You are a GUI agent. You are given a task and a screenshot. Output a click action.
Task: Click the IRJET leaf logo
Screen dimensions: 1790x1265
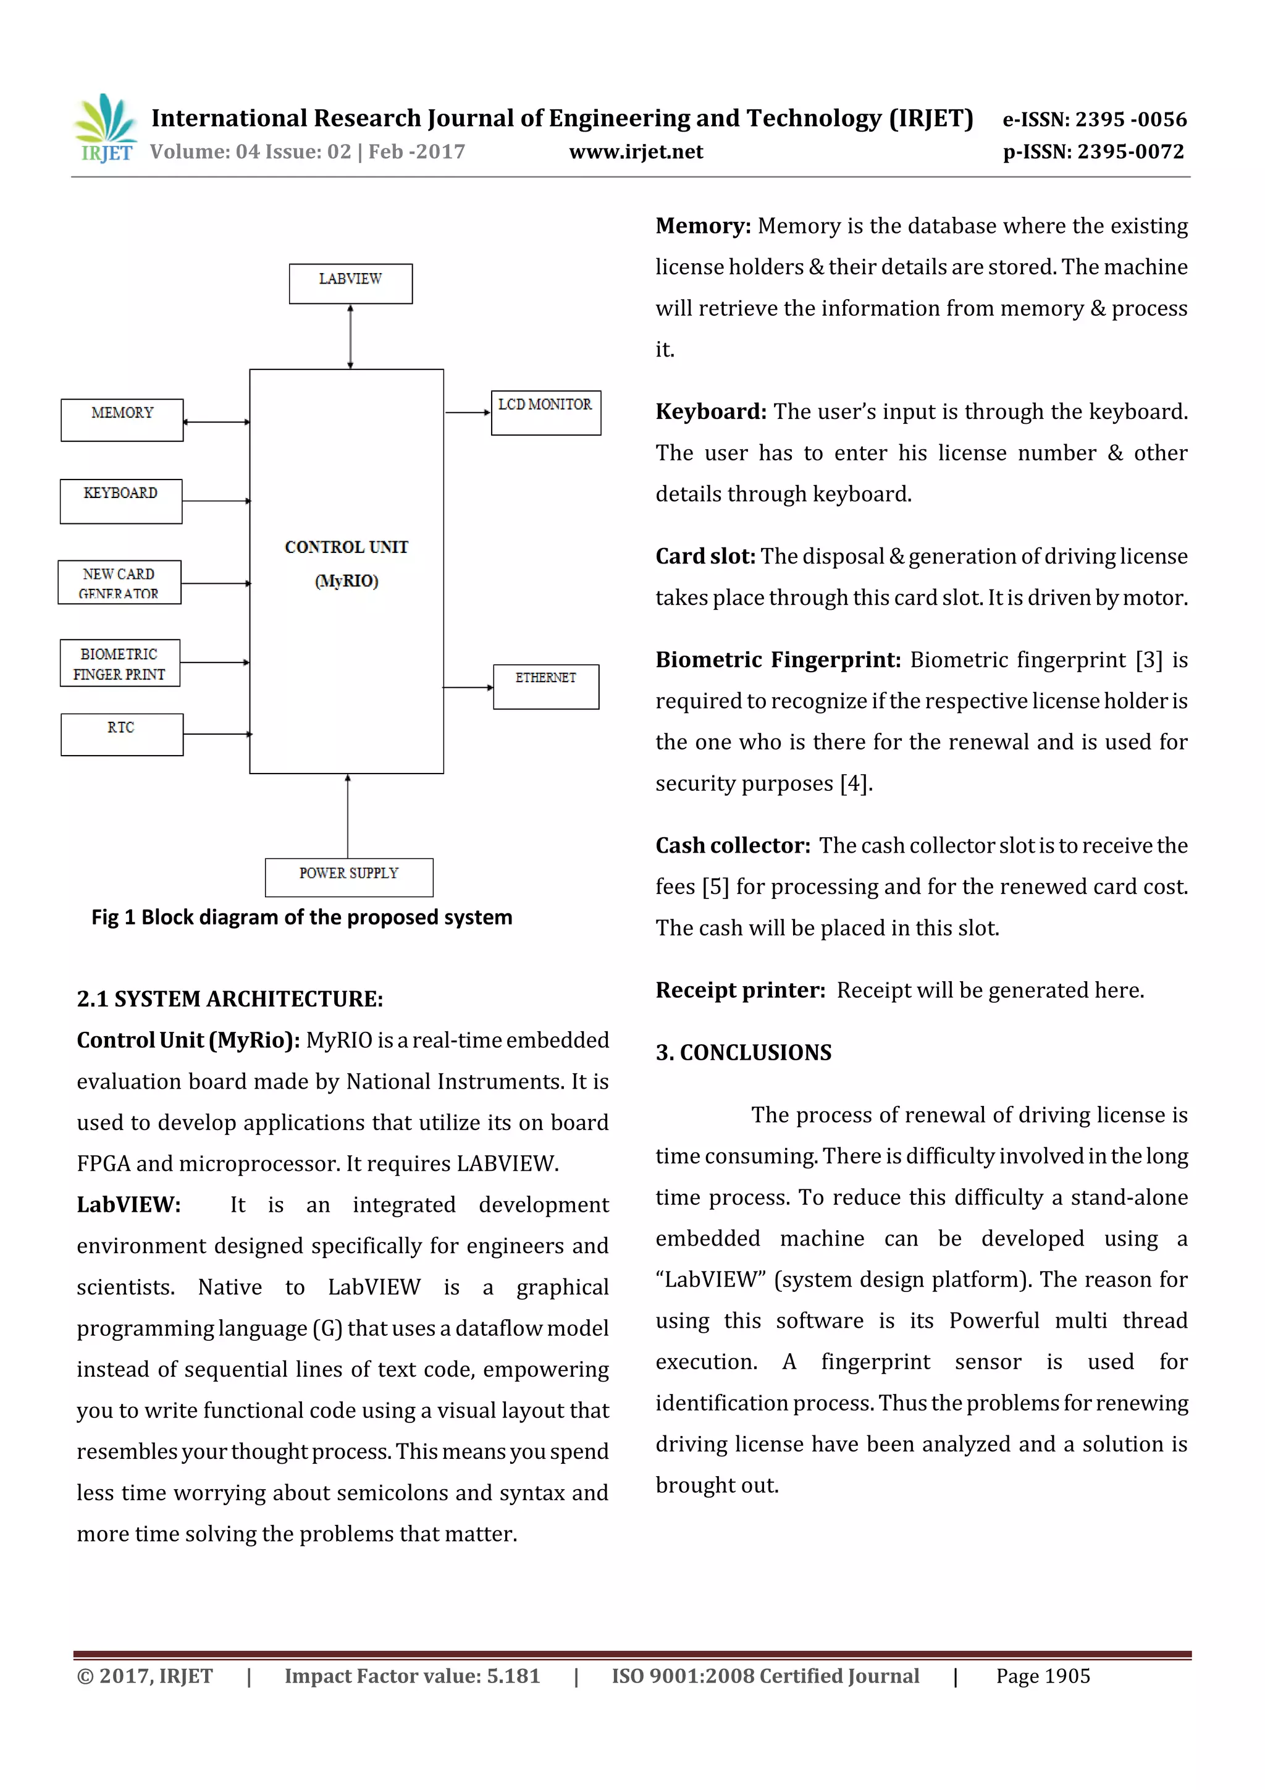pos(105,127)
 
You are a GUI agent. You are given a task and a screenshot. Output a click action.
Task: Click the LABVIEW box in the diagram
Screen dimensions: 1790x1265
pos(350,283)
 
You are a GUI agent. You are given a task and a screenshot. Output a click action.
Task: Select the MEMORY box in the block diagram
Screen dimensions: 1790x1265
pos(122,420)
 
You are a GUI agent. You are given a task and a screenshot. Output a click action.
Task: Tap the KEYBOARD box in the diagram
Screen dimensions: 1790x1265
pos(121,500)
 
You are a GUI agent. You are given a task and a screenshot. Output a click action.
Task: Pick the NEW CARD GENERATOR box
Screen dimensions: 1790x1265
pos(119,581)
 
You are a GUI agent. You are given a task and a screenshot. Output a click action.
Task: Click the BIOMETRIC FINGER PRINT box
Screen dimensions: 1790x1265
pos(119,662)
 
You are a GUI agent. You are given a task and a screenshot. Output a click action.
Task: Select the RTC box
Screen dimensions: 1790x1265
pos(122,733)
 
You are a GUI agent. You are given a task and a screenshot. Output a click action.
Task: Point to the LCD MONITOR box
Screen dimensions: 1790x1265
pos(545,412)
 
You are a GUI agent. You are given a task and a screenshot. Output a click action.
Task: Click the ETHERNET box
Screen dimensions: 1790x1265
pos(545,686)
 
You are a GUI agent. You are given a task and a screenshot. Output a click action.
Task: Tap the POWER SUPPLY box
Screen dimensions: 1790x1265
pos(348,877)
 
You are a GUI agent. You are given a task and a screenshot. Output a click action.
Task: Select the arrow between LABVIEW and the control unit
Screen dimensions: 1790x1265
pos(350,336)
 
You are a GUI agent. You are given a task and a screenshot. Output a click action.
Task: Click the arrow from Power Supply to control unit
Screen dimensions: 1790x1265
pos(348,816)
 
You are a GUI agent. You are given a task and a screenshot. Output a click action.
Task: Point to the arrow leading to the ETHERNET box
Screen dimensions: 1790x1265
pos(468,687)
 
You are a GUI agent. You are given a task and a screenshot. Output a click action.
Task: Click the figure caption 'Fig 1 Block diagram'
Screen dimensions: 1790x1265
pos(301,917)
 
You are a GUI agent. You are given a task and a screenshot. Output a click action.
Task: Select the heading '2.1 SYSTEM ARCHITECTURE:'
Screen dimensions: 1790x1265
pos(230,998)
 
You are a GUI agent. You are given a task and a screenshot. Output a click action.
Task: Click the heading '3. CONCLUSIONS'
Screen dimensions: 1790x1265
pos(743,1052)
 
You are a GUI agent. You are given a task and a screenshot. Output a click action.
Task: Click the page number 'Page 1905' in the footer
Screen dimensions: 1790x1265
pos(1042,1676)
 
